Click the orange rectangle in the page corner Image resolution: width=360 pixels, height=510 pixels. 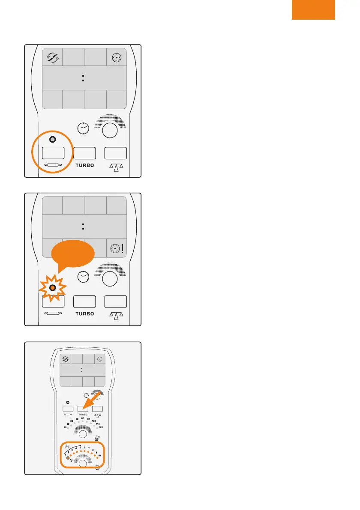click(313, 9)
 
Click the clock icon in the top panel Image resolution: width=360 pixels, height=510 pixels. click(84, 128)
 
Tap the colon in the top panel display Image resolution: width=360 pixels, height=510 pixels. click(84, 78)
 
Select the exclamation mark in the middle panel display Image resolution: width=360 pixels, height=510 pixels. click(123, 248)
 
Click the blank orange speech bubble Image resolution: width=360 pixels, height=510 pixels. click(72, 256)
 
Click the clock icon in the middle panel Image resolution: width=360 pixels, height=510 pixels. click(84, 277)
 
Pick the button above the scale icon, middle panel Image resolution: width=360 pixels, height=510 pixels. click(116, 301)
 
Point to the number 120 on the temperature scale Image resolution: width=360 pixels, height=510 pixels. click(101, 428)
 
